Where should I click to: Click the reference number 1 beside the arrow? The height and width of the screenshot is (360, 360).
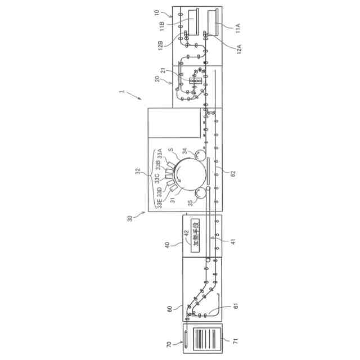pos(120,91)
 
